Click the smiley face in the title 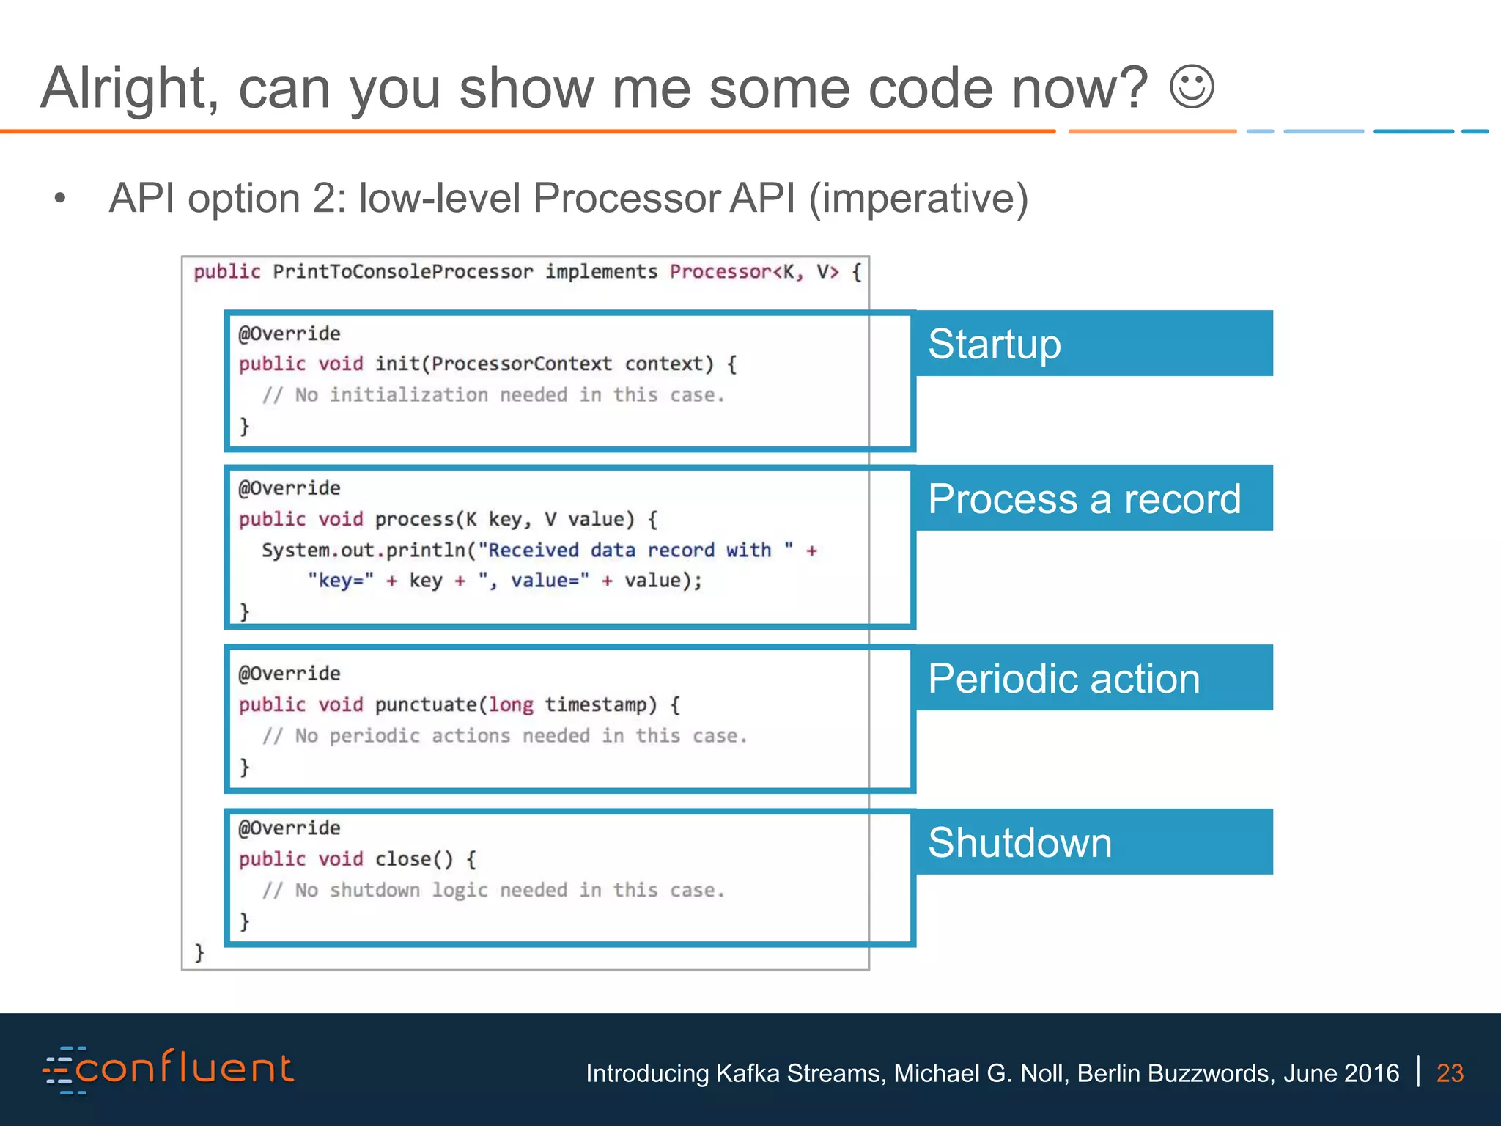[1192, 88]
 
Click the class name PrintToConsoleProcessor [402, 272]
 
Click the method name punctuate [426, 705]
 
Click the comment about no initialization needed [493, 396]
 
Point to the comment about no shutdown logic [493, 891]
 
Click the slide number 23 [1450, 1073]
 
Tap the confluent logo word [183, 1069]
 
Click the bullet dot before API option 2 [60, 198]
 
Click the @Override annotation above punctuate [289, 674]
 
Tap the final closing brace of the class [199, 952]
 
